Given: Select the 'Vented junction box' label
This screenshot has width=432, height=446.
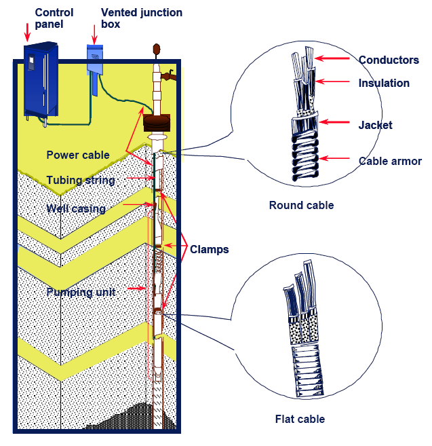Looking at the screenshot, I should pos(141,18).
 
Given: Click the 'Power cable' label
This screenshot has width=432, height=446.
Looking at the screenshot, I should pos(78,155).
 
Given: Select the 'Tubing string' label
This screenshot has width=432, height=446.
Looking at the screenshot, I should pos(81,180).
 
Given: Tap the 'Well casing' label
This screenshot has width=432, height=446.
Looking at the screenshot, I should pos(76,208).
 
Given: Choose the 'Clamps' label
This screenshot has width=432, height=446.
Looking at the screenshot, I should pos(209,249).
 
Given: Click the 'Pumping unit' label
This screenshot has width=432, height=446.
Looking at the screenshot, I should pos(79,292).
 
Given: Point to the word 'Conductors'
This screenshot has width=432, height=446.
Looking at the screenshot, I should pos(389,60).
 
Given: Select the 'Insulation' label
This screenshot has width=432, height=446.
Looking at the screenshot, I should pos(384,83).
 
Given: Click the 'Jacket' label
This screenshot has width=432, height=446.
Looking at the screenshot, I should pos(375,125).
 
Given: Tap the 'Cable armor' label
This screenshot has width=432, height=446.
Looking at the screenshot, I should pos(390,161).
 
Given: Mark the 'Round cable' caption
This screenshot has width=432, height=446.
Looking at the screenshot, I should pos(301,205).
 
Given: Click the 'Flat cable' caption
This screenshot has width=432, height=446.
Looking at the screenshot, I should pos(300,419).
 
